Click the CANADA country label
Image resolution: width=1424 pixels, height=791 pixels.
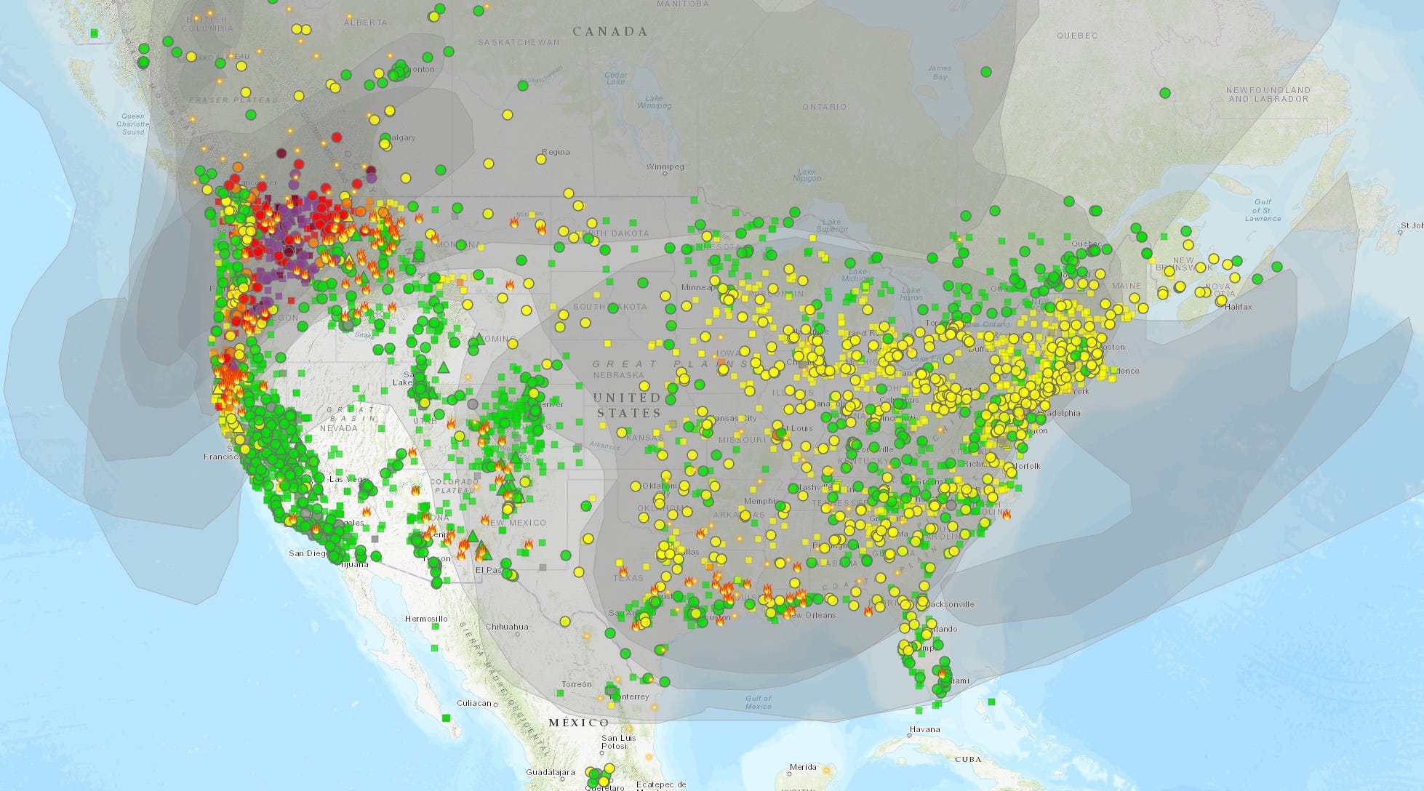[609, 31]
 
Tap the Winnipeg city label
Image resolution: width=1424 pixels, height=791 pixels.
[665, 167]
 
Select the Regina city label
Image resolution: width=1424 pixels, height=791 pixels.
[556, 153]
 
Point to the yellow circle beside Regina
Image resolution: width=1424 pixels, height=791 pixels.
[540, 159]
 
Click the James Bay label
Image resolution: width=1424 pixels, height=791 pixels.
[939, 73]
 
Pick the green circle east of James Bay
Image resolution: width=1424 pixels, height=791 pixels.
[985, 72]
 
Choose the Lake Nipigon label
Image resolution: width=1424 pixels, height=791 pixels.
[807, 174]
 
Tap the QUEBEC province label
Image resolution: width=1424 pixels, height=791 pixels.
[1077, 36]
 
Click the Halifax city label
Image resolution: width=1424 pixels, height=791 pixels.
[1238, 307]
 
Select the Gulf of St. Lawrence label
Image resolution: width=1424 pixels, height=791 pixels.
[1263, 210]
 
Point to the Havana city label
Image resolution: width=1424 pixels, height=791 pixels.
[924, 729]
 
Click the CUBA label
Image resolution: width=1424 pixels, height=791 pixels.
[967, 759]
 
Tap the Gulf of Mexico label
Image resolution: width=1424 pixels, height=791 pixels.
[758, 702]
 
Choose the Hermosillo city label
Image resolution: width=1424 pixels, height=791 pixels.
[426, 619]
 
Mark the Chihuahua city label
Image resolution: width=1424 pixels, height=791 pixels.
[507, 627]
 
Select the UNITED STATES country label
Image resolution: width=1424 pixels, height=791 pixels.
[627, 405]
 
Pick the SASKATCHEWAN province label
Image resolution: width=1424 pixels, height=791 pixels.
[519, 42]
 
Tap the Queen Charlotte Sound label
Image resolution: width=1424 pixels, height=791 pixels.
[133, 124]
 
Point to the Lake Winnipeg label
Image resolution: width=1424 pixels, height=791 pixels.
[654, 102]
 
